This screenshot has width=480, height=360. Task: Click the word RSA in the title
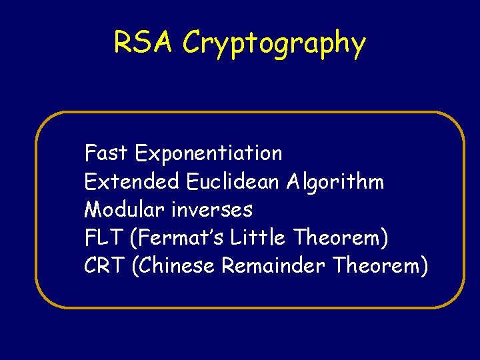pyautogui.click(x=144, y=43)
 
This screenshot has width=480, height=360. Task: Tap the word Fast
pyautogui.click(x=107, y=153)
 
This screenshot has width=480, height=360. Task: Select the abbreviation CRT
pyautogui.click(x=105, y=266)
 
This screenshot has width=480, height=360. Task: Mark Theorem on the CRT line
pyautogui.click(x=376, y=266)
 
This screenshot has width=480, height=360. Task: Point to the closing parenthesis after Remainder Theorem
pyautogui.click(x=423, y=267)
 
